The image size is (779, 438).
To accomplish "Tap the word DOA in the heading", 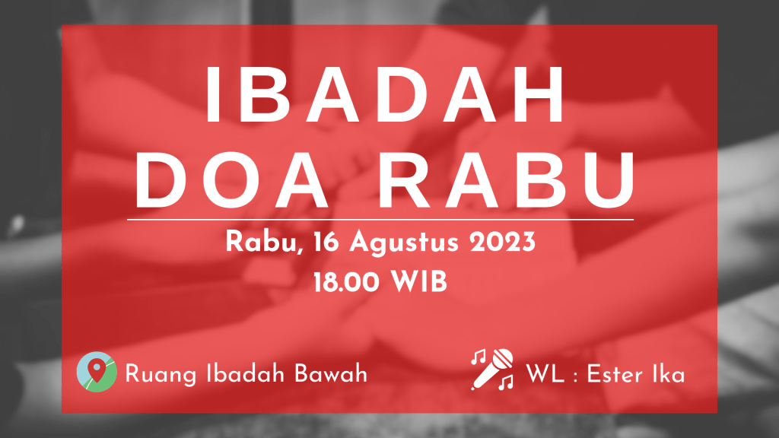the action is (231, 180).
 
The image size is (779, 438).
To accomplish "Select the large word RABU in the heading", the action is (507, 180).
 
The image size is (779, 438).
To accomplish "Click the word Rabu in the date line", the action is (264, 243).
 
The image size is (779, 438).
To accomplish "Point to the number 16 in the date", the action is (326, 243).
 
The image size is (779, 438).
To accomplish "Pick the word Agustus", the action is (404, 243).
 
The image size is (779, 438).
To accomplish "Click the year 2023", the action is (502, 243).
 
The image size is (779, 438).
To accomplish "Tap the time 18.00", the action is (346, 282).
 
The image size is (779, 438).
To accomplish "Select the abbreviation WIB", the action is (419, 282).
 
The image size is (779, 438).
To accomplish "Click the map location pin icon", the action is (97, 371).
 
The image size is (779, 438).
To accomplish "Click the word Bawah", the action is (330, 374).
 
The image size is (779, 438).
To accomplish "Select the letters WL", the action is (545, 374).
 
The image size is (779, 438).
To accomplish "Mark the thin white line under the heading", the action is (380, 219).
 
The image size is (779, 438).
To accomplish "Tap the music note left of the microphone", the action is (479, 356).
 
